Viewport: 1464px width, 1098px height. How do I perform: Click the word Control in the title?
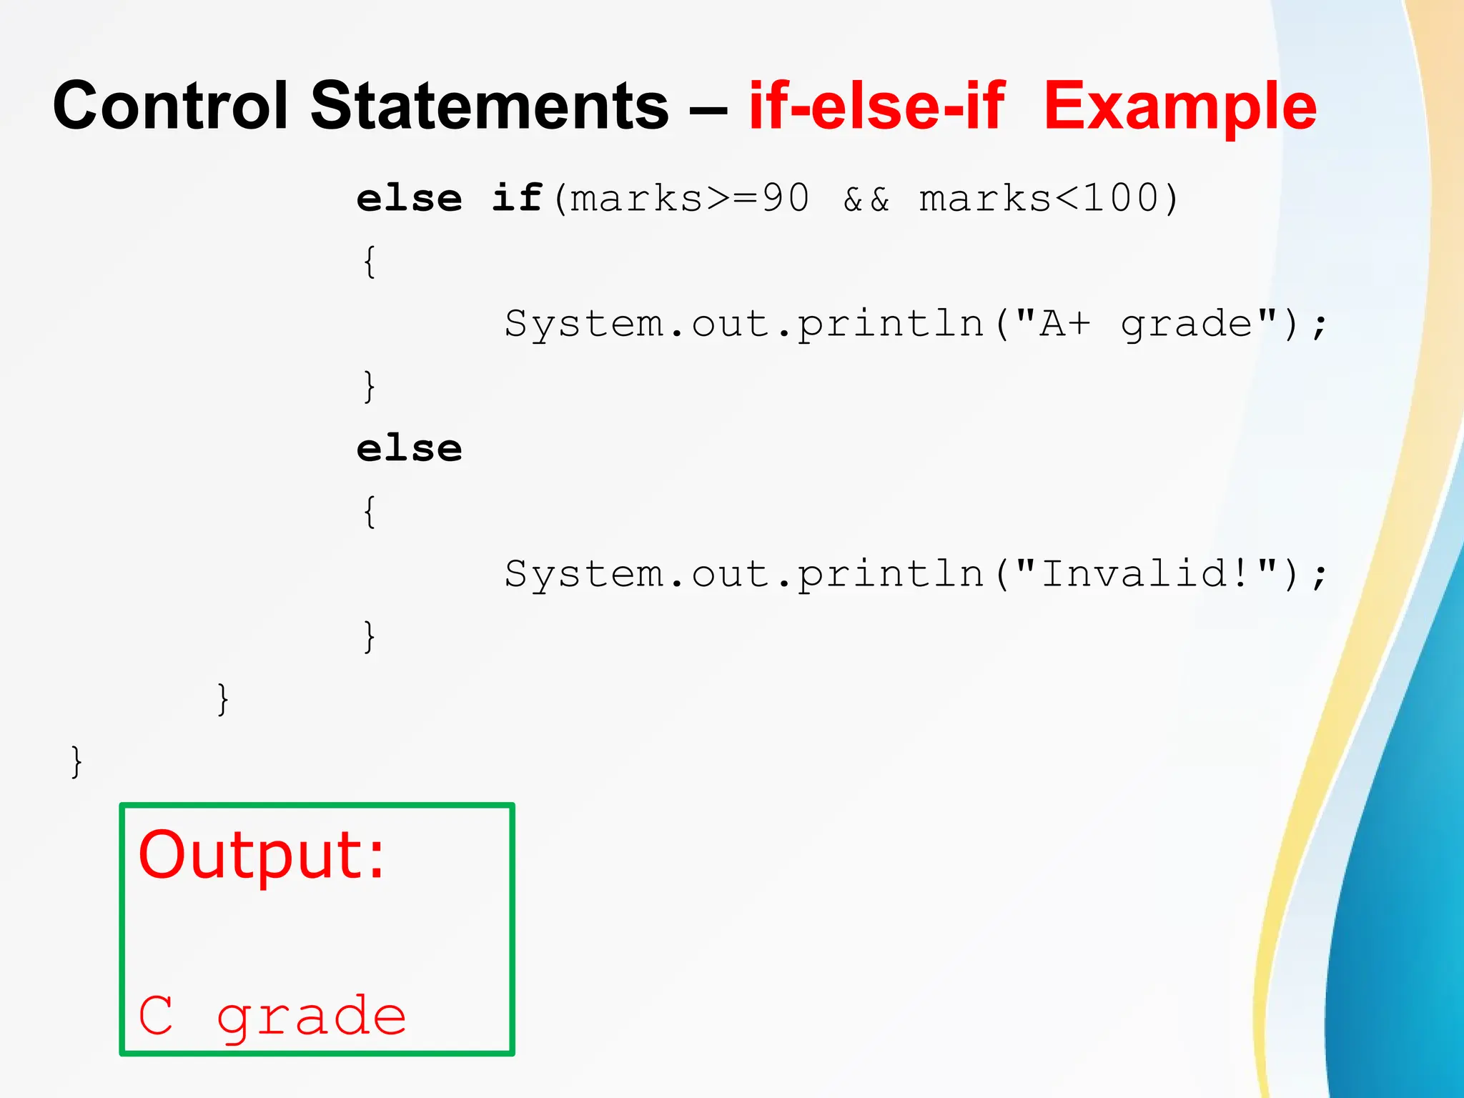pyautogui.click(x=170, y=106)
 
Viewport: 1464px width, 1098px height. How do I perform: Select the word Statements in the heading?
pyautogui.click(x=490, y=106)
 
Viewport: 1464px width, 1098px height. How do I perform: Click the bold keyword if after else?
pyautogui.click(x=517, y=197)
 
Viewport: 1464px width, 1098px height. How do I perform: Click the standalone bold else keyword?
pyautogui.click(x=410, y=449)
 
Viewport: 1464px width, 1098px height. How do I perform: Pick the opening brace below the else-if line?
pyautogui.click(x=369, y=262)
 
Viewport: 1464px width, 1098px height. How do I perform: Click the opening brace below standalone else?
pyautogui.click(x=369, y=512)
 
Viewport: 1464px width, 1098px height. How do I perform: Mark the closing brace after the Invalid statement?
pyautogui.click(x=369, y=636)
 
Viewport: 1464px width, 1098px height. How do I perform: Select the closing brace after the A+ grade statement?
pyautogui.click(x=369, y=387)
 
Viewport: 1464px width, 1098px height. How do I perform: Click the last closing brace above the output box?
pyautogui.click(x=76, y=761)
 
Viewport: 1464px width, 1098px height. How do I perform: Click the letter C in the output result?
pyautogui.click(x=156, y=1015)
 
